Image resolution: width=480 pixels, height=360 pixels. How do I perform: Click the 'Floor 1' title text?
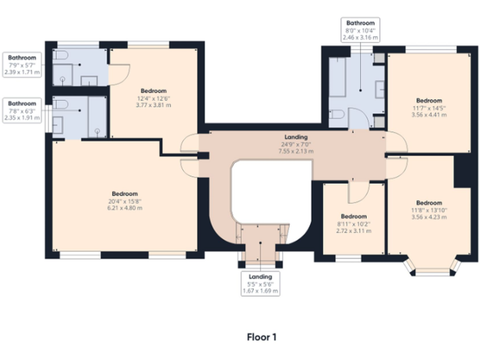pos(261,337)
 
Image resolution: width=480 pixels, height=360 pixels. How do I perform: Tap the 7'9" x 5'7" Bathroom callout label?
pos(22,65)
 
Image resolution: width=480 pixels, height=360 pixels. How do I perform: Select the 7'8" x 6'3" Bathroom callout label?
pos(22,110)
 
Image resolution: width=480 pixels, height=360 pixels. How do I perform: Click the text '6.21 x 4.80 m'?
pos(125,208)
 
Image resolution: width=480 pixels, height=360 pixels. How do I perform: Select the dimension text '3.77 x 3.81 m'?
pos(153,105)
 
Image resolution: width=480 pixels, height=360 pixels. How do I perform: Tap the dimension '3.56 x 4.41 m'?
pos(429,115)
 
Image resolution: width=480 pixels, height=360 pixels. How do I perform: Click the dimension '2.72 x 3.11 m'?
pos(354,231)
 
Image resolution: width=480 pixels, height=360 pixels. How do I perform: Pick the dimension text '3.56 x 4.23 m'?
pos(429,217)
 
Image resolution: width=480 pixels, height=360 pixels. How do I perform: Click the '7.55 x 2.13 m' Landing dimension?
pos(296,151)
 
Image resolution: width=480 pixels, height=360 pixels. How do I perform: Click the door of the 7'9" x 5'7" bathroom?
pos(119,74)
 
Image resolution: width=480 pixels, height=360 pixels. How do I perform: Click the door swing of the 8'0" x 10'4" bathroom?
pos(357,117)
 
